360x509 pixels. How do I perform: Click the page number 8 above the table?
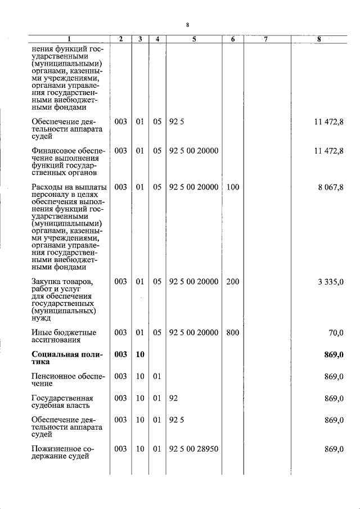tap(187, 25)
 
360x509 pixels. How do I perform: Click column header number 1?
tap(69, 39)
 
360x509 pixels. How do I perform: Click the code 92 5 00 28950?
tap(193, 449)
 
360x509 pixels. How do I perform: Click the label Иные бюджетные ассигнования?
tap(64, 336)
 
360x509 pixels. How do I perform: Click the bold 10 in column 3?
tap(140, 354)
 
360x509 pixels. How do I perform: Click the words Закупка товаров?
tap(62, 282)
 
